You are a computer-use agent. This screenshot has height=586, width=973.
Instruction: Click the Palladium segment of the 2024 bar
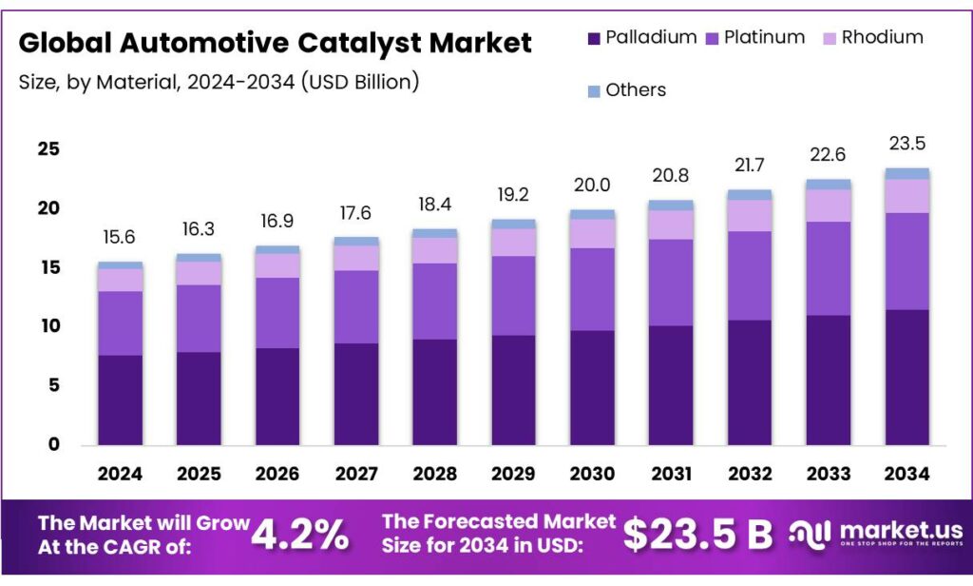(121, 400)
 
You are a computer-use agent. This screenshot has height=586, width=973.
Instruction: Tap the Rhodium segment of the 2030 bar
(592, 233)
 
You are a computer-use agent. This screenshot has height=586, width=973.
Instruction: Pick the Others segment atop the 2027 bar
(356, 241)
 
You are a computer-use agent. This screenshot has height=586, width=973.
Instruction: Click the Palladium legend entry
(641, 38)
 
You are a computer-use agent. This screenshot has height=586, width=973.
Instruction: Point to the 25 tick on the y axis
(48, 149)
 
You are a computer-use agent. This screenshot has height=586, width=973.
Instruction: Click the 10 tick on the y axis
(48, 326)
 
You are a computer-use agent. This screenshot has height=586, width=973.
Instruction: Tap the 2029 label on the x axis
(513, 473)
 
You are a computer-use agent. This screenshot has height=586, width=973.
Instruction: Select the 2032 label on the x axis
(749, 473)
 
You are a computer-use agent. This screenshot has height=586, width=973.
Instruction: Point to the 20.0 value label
(592, 186)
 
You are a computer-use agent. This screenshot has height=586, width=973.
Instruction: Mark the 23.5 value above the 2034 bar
(906, 144)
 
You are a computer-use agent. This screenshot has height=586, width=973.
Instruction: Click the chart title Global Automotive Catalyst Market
(275, 43)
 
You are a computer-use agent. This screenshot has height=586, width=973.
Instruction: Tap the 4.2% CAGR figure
(299, 536)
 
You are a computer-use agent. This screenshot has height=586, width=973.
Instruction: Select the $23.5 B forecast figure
(698, 536)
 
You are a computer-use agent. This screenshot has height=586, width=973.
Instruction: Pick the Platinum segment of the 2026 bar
(277, 313)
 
